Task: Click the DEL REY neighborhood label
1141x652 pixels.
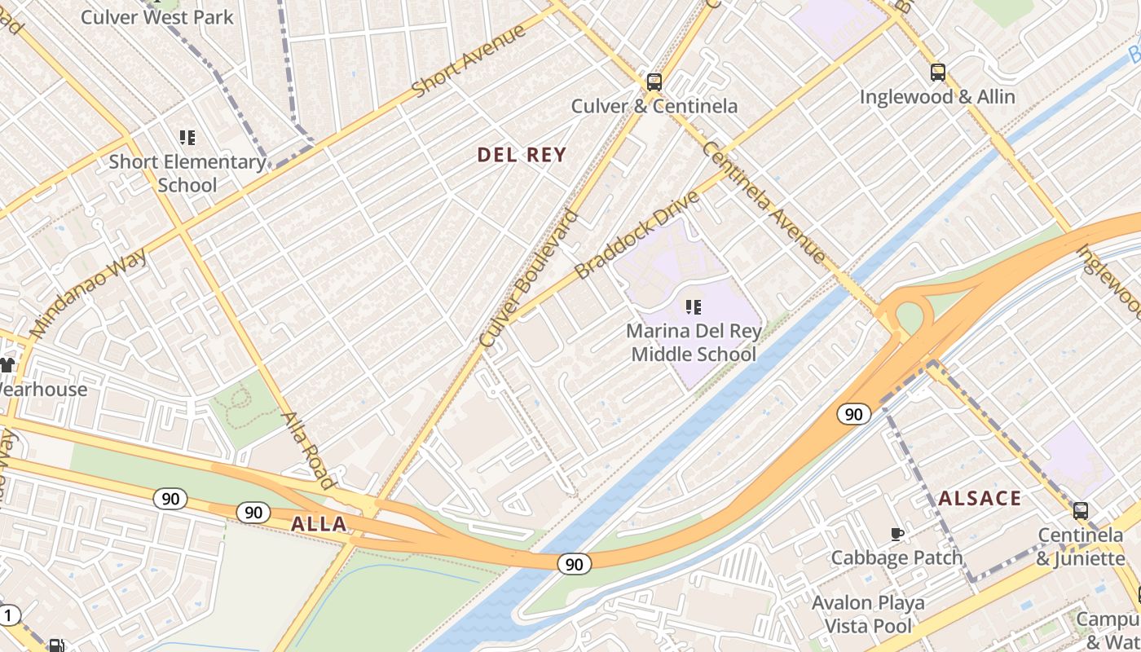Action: pyautogui.click(x=522, y=155)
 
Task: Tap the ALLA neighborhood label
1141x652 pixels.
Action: pyautogui.click(x=319, y=524)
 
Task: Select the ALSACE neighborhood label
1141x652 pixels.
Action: pyautogui.click(x=980, y=499)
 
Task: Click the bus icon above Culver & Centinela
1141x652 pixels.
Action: pyautogui.click(x=654, y=81)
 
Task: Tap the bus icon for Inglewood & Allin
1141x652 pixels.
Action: pyautogui.click(x=937, y=73)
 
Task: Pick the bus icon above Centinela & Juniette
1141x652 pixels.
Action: pyautogui.click(x=1080, y=511)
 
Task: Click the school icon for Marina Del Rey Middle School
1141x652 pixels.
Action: pyautogui.click(x=694, y=307)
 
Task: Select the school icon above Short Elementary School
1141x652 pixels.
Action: pyautogui.click(x=187, y=138)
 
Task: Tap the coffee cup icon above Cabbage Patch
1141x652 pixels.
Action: pyautogui.click(x=896, y=535)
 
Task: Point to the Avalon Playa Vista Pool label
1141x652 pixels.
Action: pyautogui.click(x=868, y=615)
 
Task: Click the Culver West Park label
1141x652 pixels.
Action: pyautogui.click(x=156, y=16)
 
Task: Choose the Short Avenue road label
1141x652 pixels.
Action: pyautogui.click(x=468, y=62)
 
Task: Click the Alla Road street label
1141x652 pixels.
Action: pyautogui.click(x=308, y=450)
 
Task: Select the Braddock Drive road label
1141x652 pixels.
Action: pyautogui.click(x=637, y=236)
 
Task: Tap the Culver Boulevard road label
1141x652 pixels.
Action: pyautogui.click(x=529, y=280)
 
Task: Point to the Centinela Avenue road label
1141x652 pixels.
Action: pyautogui.click(x=764, y=202)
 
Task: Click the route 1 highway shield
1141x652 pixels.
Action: pyautogui.click(x=7, y=615)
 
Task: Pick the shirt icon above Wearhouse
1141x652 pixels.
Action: pyautogui.click(x=7, y=365)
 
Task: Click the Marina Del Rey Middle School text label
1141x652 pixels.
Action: pyautogui.click(x=694, y=343)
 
